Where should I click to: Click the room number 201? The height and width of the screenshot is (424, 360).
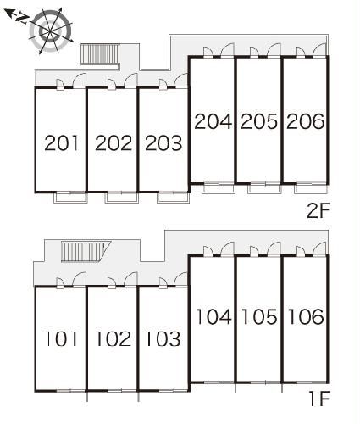(61, 142)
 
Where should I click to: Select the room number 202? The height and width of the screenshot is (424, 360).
(114, 142)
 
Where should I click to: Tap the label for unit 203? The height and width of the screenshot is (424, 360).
(163, 142)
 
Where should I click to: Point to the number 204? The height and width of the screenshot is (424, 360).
(213, 121)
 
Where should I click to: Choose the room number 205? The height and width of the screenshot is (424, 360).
(259, 121)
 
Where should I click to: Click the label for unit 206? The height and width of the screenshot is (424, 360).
(306, 121)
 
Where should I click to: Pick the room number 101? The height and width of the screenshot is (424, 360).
(61, 338)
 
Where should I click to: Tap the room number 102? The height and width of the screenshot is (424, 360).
(113, 338)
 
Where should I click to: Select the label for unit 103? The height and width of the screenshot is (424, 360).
(163, 338)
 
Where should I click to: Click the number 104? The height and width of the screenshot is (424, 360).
(213, 316)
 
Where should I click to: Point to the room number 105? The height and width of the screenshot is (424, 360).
(259, 316)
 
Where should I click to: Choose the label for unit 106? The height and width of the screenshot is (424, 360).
(306, 316)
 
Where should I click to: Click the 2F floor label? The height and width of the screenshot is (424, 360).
(318, 211)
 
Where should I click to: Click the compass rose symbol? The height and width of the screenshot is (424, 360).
(51, 31)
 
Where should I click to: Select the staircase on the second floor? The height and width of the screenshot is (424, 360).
(100, 53)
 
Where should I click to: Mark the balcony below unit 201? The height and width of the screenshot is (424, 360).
(70, 198)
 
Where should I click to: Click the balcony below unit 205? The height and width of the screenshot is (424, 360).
(264, 189)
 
